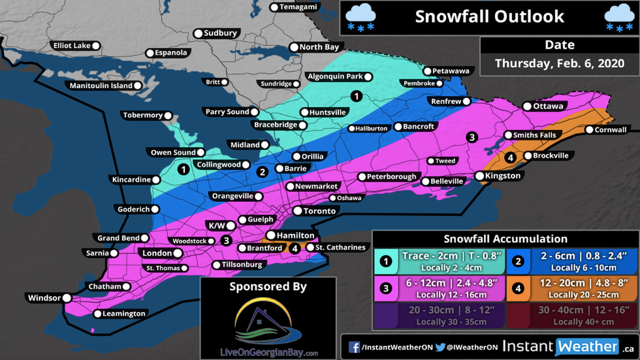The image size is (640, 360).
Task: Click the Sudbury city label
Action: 220,33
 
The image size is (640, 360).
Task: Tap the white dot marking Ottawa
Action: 527,106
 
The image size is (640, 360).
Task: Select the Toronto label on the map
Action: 319,211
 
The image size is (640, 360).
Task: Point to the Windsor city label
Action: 44,298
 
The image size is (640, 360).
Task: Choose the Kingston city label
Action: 503,176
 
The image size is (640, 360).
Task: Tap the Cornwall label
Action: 611,130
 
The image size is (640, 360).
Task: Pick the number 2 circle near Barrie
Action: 263,172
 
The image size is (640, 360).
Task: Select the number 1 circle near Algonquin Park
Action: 356,96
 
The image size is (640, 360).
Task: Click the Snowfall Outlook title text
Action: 490,16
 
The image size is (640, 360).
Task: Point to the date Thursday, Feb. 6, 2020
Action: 560,63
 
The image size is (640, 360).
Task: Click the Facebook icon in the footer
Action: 354,347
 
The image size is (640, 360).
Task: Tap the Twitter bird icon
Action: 441,347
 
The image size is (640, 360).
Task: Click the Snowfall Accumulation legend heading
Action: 505,239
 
